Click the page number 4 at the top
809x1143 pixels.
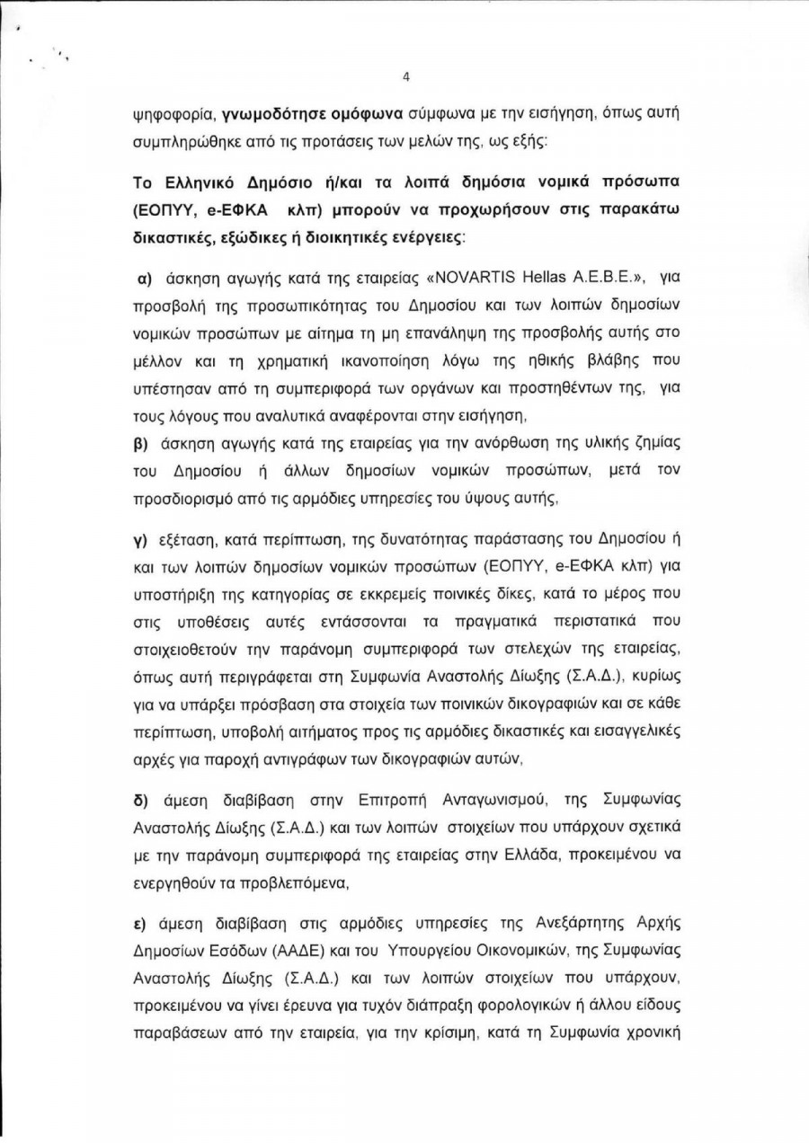(x=405, y=76)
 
